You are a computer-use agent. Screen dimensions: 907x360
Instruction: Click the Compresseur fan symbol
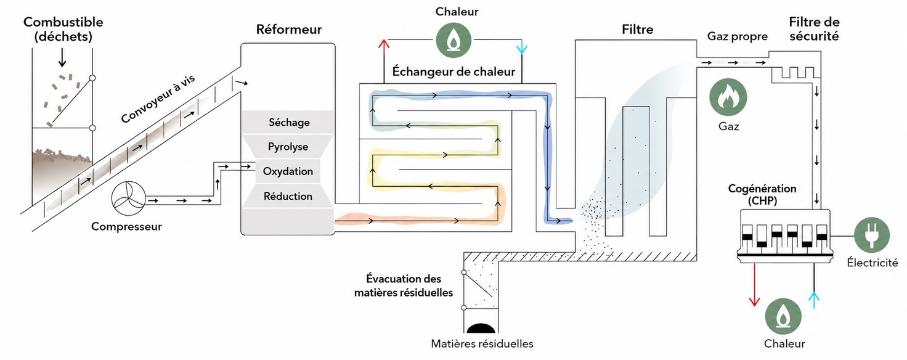point(128,199)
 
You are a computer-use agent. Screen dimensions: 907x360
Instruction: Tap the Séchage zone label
point(289,122)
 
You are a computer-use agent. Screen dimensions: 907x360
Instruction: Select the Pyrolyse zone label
point(288,147)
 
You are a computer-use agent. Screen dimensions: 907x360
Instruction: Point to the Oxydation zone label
point(288,171)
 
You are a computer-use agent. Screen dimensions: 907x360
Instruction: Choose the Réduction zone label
point(288,197)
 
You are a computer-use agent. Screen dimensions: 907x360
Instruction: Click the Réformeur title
point(289,29)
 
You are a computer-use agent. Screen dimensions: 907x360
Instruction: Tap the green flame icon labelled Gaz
point(728,97)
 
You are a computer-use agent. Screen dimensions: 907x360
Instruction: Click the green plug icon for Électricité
point(872,235)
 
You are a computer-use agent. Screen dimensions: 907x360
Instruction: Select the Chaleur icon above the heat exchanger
point(453,40)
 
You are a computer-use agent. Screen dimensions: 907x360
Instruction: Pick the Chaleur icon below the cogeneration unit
point(783,316)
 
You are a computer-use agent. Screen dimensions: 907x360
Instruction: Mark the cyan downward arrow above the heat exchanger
point(522,47)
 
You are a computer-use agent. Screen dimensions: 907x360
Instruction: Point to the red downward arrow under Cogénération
point(754,285)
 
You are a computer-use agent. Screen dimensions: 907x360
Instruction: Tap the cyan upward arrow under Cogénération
point(814,300)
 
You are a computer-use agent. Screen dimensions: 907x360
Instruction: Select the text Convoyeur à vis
point(158,99)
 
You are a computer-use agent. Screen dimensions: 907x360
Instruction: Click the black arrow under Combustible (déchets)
point(62,57)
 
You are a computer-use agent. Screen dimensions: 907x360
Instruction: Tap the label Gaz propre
point(738,36)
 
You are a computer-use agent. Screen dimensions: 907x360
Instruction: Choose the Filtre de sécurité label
point(815,29)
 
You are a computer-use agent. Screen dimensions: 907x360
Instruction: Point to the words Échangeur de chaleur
point(453,72)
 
